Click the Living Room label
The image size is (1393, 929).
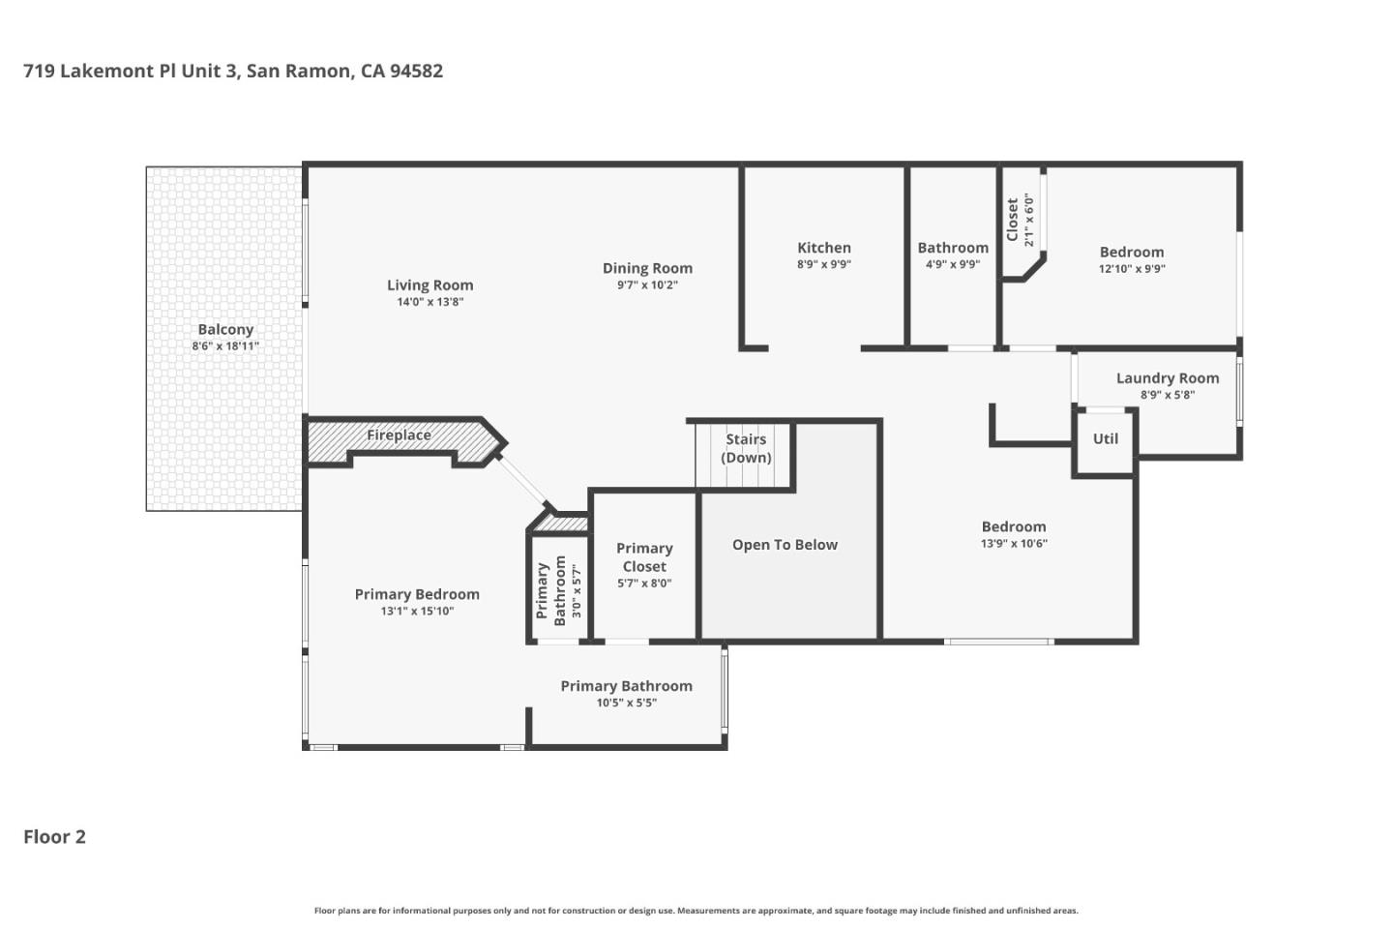[430, 285]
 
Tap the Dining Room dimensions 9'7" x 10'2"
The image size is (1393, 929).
[647, 285]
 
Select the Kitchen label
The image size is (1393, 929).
[824, 248]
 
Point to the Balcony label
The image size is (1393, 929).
[225, 329]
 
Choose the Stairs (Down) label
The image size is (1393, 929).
[746, 448]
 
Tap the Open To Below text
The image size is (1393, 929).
[785, 545]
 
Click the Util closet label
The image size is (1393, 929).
[1105, 438]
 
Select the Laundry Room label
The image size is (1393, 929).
[1167, 378]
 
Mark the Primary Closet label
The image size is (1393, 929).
[644, 557]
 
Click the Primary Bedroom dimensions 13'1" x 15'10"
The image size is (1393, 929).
[417, 612]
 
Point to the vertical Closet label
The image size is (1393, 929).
[1013, 220]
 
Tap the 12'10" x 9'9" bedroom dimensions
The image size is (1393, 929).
[1131, 269]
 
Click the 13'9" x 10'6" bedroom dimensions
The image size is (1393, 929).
[1013, 544]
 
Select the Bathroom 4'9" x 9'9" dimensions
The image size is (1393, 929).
[952, 264]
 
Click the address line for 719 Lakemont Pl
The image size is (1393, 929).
[233, 71]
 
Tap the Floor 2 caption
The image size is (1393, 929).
[54, 837]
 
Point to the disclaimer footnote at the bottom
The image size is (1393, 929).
[696, 911]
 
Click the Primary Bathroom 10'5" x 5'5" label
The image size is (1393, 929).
[626, 686]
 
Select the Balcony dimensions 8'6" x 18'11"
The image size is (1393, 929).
[225, 346]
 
